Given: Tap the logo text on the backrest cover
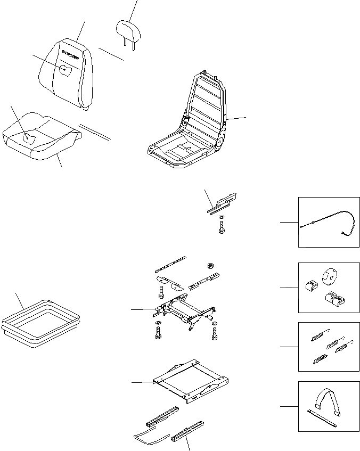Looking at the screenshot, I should (x=70, y=53).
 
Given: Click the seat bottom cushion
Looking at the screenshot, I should (x=43, y=137).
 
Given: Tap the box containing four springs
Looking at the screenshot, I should (x=328, y=347).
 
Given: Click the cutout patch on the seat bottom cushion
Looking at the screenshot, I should (x=30, y=138).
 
